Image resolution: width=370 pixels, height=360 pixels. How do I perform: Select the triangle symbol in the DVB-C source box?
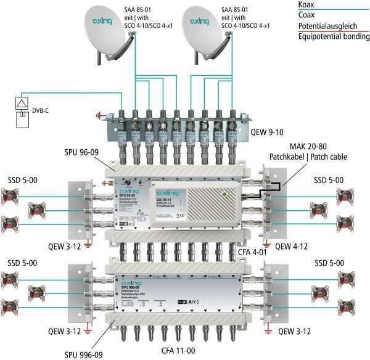pos(23,103)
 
